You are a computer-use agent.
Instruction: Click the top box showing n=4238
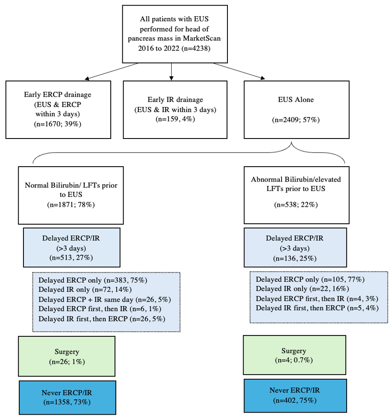coord(175,34)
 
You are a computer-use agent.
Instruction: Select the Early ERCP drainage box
coord(58,110)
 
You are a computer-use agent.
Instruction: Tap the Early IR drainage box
coord(175,110)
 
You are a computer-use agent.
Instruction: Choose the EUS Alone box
coord(296,110)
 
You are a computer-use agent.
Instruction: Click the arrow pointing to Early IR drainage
coord(172,72)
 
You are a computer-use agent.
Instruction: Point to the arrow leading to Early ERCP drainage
coord(111,71)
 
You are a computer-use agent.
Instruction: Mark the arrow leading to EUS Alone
coord(239,71)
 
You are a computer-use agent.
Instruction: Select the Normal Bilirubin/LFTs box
coord(71,195)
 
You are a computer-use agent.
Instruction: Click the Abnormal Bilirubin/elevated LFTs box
coord(296,195)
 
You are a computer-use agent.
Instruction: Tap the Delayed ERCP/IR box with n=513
coord(72,248)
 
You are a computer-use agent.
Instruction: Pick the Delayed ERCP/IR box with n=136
coord(295,248)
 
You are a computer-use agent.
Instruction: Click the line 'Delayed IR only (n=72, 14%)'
coord(85,289)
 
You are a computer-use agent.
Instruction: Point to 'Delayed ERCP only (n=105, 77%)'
coord(310,279)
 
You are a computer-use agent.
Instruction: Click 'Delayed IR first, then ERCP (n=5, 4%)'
coord(317,308)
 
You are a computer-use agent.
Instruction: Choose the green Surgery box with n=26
coord(66,356)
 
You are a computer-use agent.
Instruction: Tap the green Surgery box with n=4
coord(294,355)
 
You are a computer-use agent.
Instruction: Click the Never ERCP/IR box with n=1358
coord(67,397)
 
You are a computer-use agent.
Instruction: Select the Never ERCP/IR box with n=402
coord(295,396)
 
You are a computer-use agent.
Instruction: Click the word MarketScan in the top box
coord(202,38)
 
